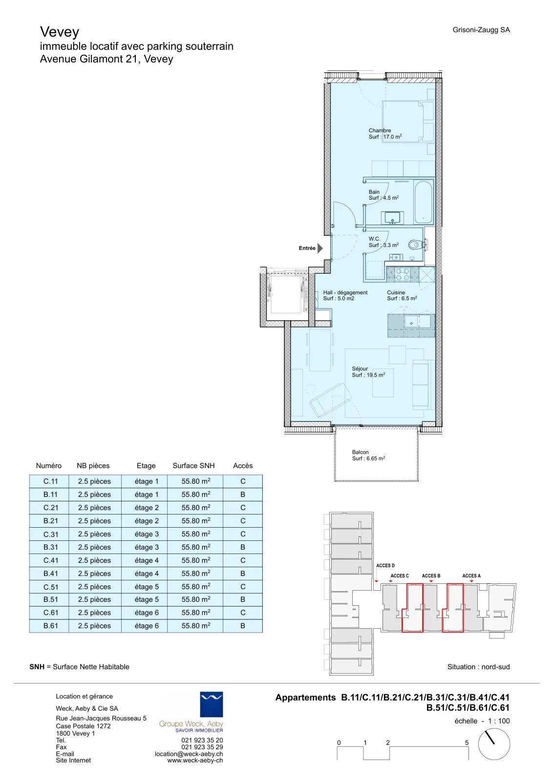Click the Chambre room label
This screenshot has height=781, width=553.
tap(380, 130)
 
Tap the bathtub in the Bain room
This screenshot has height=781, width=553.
tap(423, 202)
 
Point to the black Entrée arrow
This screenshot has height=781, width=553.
tap(320, 248)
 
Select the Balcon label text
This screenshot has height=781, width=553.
tap(360, 452)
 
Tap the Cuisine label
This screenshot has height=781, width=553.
tap(396, 292)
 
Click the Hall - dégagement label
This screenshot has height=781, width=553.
tap(345, 292)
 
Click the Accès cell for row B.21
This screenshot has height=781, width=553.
tap(243, 521)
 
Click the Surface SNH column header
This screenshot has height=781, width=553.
tap(193, 466)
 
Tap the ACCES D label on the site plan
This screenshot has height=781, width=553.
tap(385, 566)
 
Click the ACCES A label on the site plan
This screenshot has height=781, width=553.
tap(471, 575)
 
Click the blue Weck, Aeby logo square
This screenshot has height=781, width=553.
tap(212, 704)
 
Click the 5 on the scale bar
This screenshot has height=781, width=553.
tap(467, 742)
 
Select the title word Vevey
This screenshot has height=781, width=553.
tap(60, 32)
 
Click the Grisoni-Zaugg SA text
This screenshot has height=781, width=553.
tap(481, 30)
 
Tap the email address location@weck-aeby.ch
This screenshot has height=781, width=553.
tap(189, 754)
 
